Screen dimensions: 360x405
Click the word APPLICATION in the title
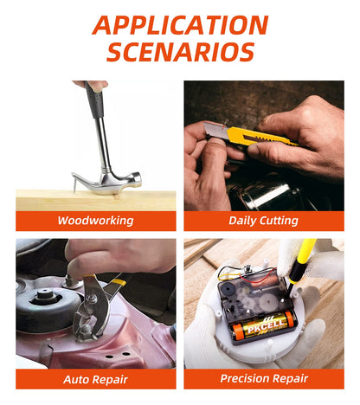point(180,25)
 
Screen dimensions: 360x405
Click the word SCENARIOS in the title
point(181,52)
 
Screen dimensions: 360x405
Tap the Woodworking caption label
point(96,221)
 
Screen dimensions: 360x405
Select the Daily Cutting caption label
point(264,221)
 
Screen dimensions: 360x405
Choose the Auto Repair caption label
point(96,379)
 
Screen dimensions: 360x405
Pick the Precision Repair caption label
point(264,378)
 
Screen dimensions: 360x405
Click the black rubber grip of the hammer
point(94,100)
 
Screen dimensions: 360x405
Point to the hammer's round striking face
point(137,178)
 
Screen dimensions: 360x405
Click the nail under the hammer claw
point(74,185)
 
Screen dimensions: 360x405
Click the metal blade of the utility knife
point(215,130)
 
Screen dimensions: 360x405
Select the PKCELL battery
point(264,326)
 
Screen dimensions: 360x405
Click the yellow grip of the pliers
point(118,282)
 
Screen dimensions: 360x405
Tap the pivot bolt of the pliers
point(93,298)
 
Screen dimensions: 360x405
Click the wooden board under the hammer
point(96,200)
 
